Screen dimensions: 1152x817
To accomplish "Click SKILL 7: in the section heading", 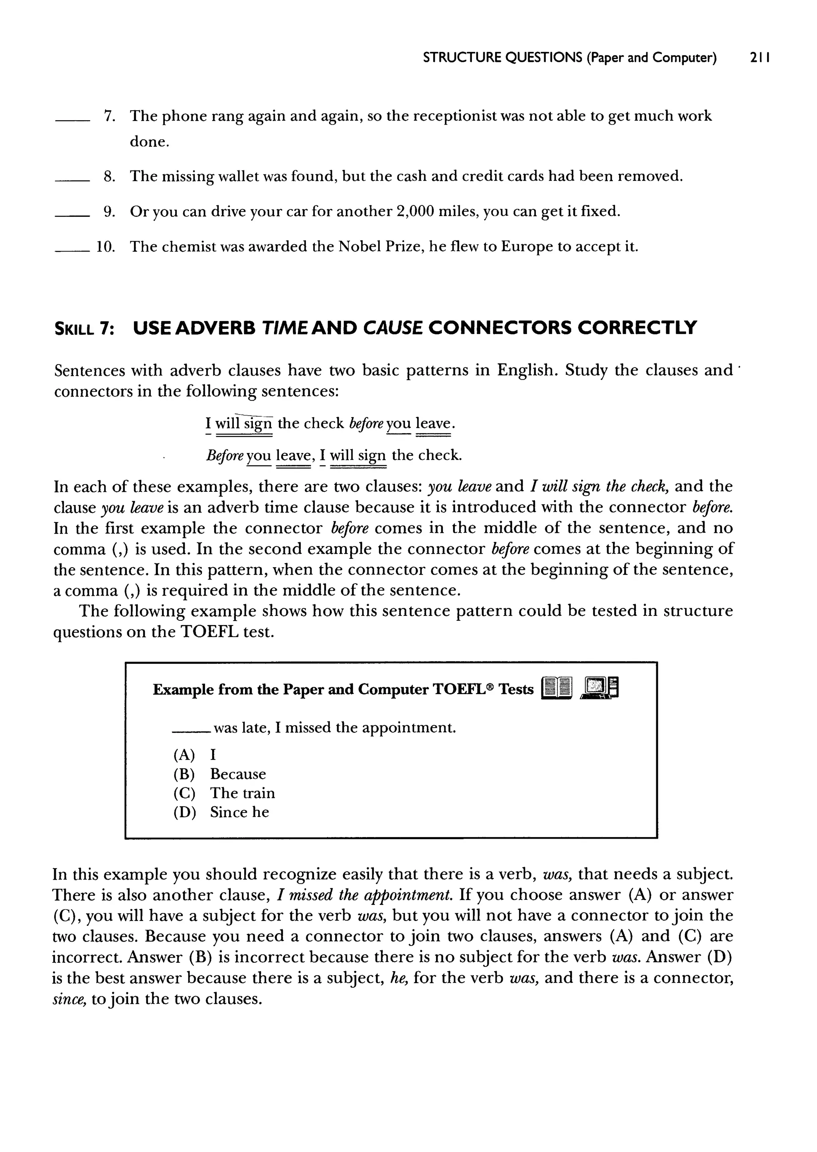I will point(84,328).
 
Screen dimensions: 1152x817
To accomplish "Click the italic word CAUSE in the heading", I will point(393,328).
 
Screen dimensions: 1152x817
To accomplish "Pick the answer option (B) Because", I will point(220,774).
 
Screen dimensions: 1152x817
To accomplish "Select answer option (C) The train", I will point(224,793).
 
